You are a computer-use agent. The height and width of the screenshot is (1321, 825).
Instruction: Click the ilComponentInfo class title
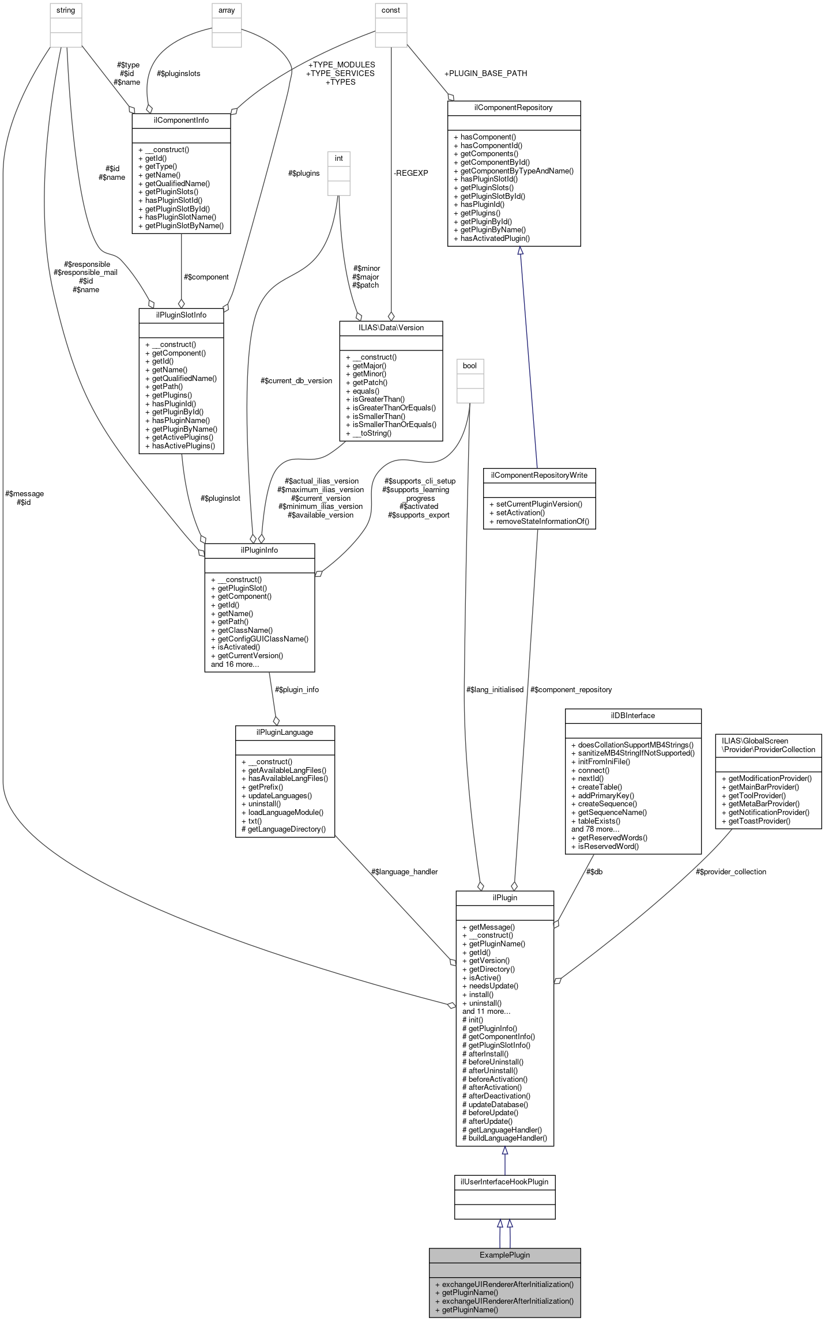[x=181, y=120]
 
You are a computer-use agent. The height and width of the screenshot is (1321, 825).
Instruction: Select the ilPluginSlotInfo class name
[x=181, y=315]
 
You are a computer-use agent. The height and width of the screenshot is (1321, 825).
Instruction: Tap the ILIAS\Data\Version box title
[x=391, y=328]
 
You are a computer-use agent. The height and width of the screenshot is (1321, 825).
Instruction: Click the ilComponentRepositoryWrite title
[x=539, y=475]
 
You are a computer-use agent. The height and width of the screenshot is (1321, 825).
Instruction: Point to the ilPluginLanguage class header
[x=285, y=733]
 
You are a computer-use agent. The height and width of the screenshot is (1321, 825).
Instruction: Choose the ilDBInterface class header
[x=633, y=716]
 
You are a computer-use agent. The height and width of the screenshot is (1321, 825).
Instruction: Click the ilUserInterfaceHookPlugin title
[x=504, y=1182]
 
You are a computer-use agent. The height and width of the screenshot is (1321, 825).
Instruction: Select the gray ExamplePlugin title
[x=504, y=1255]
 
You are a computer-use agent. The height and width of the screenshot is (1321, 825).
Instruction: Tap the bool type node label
[x=470, y=366]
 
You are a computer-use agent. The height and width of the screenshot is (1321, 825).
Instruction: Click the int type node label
[x=339, y=158]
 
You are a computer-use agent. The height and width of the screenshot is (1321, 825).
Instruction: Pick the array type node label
[x=227, y=10]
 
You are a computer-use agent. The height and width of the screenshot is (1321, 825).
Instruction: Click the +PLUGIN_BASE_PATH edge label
[x=485, y=74]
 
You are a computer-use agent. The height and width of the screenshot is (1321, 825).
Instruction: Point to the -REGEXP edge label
[x=411, y=173]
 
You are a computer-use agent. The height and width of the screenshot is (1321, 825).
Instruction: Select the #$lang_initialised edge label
[x=495, y=690]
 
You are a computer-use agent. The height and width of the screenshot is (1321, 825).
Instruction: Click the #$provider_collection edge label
[x=731, y=872]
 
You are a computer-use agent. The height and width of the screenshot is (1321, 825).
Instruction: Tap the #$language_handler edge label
[x=404, y=872]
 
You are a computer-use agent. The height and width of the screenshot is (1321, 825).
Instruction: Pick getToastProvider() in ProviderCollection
[x=759, y=821]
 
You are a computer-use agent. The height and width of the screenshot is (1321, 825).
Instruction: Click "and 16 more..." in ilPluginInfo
[x=235, y=665]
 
